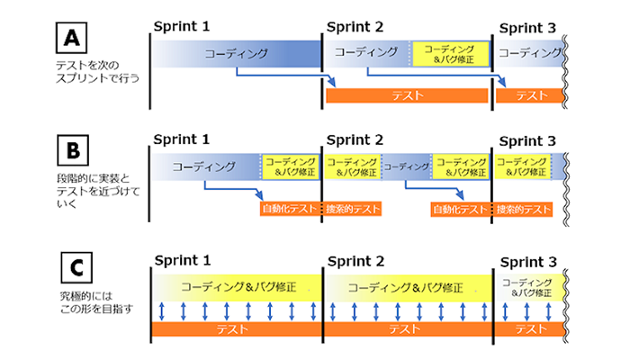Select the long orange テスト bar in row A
pos(408,95)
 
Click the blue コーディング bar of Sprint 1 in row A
pos(236,54)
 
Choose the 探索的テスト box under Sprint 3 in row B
pos(523,209)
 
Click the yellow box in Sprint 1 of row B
pos(290,166)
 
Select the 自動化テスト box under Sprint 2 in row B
pos(460,209)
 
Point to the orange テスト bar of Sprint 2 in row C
pos(405,330)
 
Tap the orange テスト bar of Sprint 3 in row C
pos(528,330)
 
